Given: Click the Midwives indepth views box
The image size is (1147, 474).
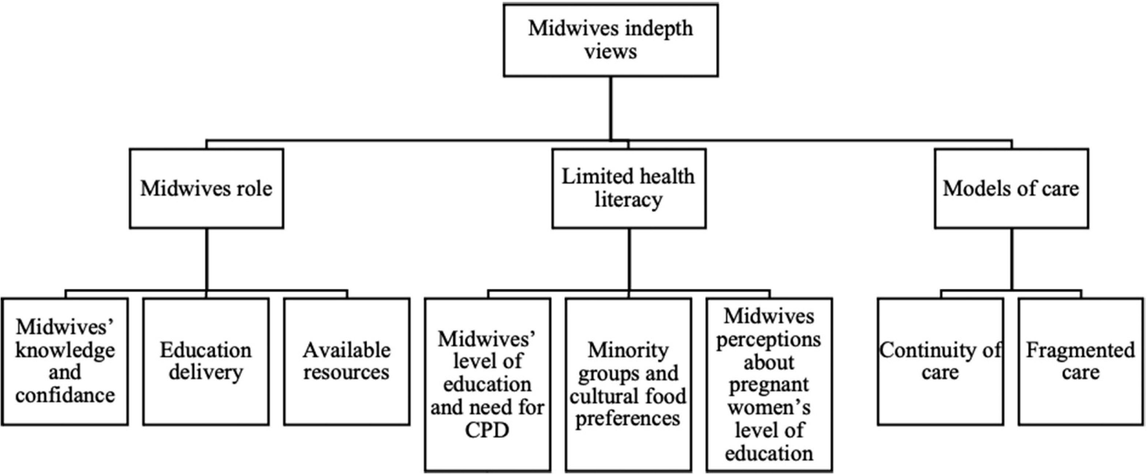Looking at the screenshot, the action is (x=610, y=40).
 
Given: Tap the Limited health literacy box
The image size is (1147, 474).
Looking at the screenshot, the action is (x=629, y=188).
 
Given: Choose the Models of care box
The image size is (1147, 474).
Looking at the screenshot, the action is (x=1012, y=188).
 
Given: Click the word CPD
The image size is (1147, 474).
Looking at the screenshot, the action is (x=487, y=431).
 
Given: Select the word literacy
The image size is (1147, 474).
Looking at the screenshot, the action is (x=629, y=200).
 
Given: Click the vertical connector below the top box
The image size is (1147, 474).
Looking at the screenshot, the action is (x=610, y=108).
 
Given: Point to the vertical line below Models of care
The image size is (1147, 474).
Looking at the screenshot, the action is (x=1012, y=259).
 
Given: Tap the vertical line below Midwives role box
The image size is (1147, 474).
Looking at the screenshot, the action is (x=207, y=259).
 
